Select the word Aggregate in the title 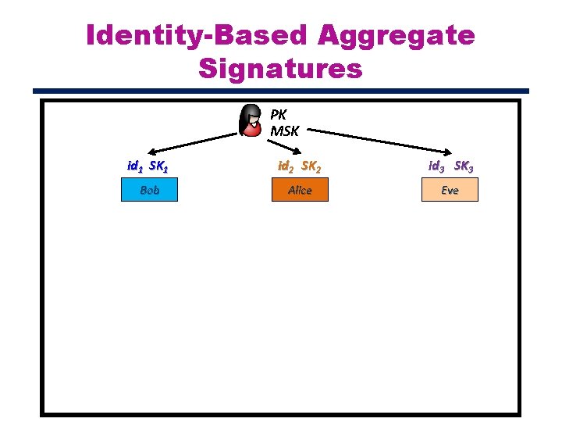point(397,35)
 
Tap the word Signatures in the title point(280,69)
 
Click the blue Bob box point(149,190)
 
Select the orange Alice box point(300,190)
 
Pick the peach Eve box point(450,190)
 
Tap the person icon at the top point(251,120)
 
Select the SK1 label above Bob point(158,166)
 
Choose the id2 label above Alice point(286,166)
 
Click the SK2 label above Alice point(312,166)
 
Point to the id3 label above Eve point(436,166)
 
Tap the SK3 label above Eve point(463,166)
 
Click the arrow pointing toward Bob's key point(191,144)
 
